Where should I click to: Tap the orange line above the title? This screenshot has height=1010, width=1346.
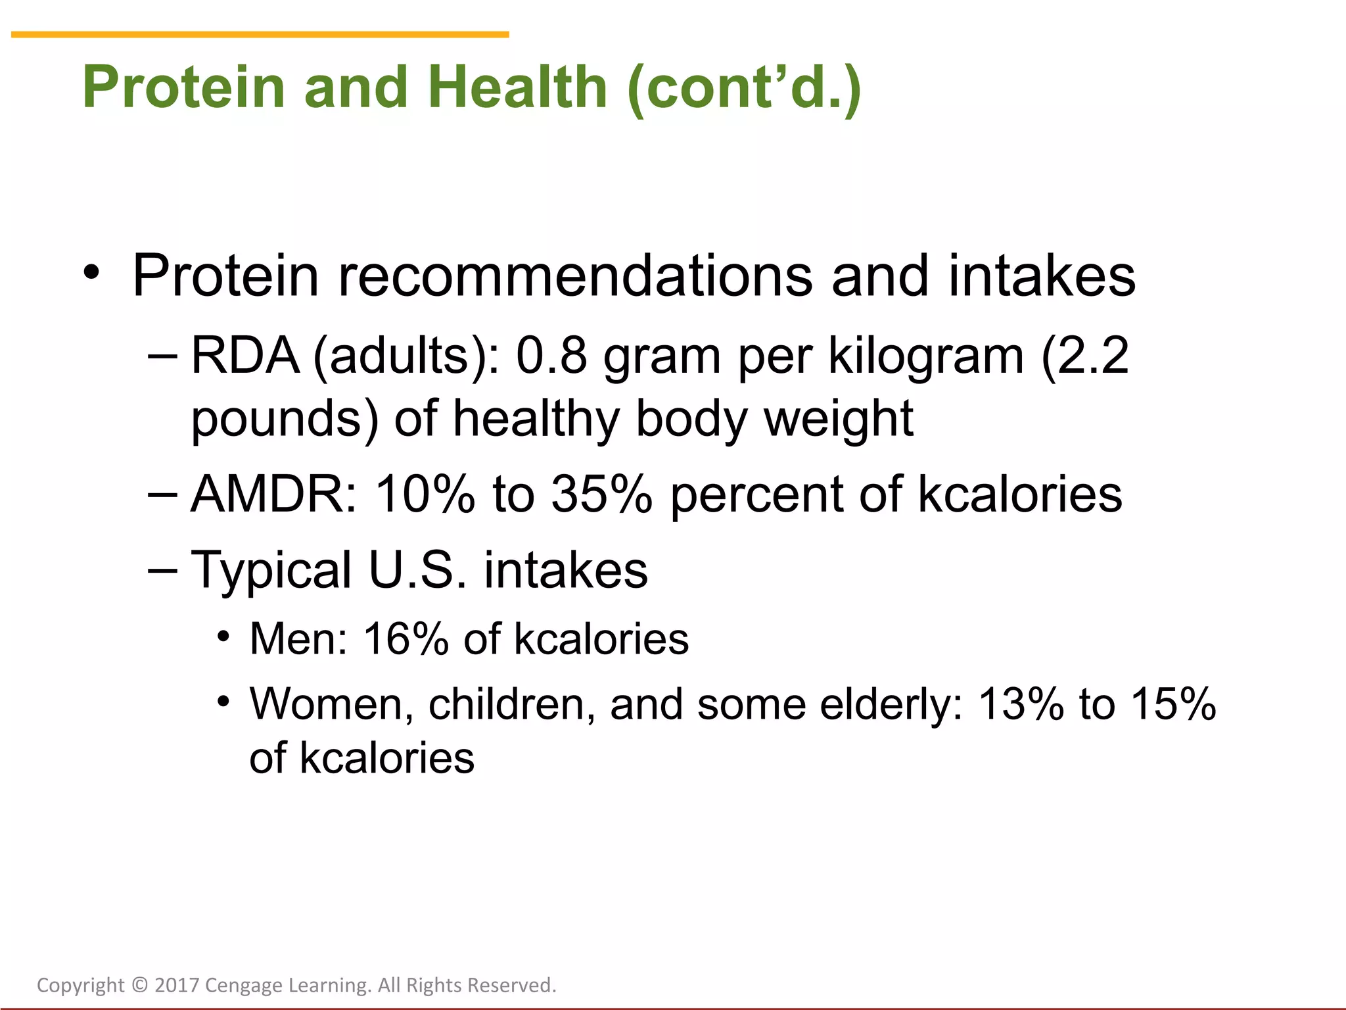point(260,34)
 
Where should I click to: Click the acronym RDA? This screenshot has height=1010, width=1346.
point(244,356)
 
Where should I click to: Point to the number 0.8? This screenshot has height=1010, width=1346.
point(551,356)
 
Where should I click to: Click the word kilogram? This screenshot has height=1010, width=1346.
point(925,356)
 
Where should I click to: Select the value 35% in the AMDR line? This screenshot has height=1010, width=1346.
point(601,494)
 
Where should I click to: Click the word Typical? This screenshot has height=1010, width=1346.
point(271,569)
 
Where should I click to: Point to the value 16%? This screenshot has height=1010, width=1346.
point(406,639)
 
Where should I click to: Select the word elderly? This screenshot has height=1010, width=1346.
point(891,704)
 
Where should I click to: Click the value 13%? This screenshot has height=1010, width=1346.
point(1021,704)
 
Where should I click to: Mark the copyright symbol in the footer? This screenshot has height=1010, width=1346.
point(139,985)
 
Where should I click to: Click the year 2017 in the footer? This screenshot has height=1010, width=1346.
point(177,985)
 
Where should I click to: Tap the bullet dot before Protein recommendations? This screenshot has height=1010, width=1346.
point(91,272)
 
